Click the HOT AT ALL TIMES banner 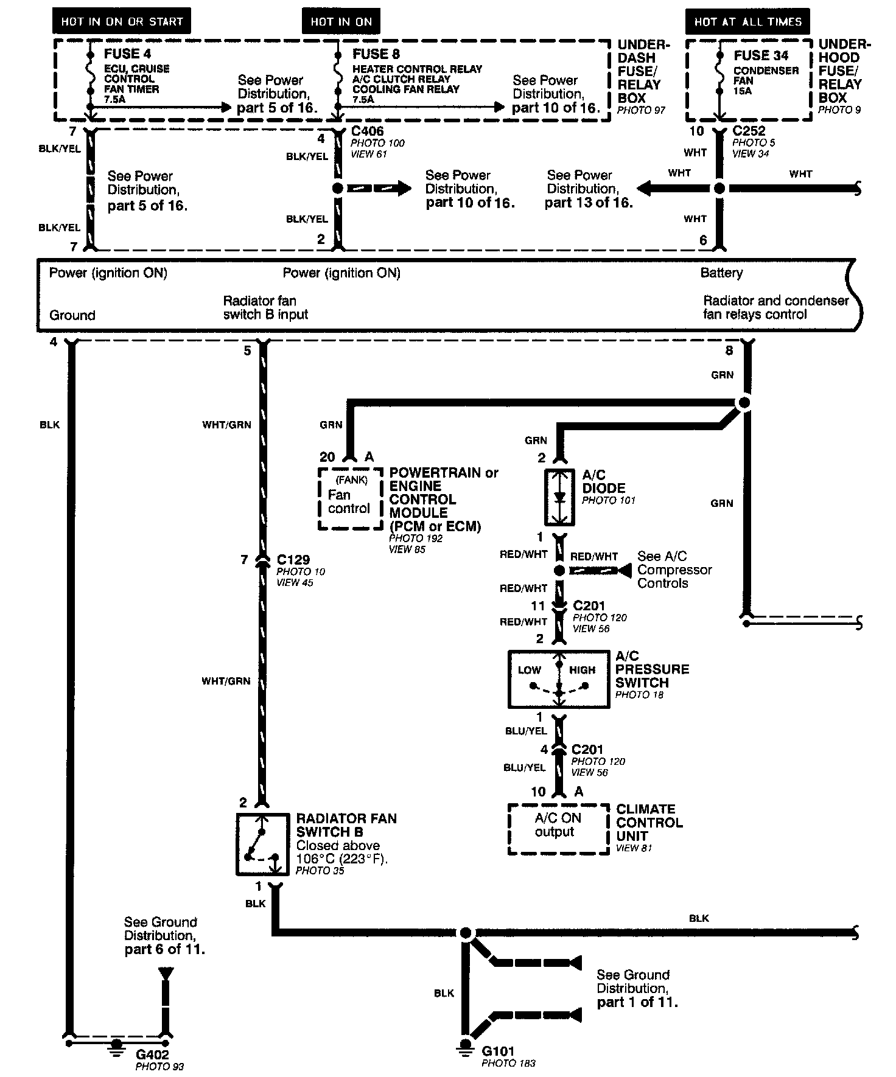coord(748,22)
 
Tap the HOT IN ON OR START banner coord(122,21)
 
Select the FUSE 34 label coord(760,55)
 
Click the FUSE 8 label coord(376,54)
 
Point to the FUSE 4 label coord(127,54)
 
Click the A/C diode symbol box coord(559,497)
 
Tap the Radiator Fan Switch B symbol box coord(263,844)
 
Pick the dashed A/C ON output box coord(558,828)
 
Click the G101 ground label coord(498,1051)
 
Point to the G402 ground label coord(152,1054)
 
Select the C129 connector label coord(293,560)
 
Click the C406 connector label coord(368,131)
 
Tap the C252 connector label coord(749,131)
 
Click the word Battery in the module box coord(721,273)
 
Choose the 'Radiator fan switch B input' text coord(265,307)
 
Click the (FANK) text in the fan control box coord(351,479)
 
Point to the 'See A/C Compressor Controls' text coord(674,570)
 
